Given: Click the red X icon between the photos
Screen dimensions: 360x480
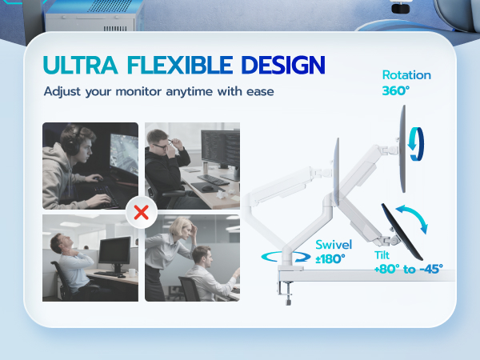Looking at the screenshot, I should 142,213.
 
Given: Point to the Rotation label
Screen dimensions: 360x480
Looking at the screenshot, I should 406,75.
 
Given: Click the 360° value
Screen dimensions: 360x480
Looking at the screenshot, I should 395,91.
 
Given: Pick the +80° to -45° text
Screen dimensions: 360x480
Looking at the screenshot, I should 407,269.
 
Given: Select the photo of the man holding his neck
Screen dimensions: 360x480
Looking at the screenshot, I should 90,257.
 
